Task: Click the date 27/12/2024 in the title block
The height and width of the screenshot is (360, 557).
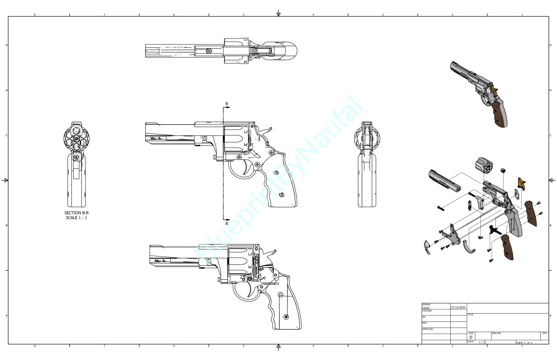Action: tap(458, 307)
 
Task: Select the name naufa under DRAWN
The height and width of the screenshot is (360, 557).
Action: tap(425, 308)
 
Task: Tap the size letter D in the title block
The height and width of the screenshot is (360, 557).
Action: tap(471, 337)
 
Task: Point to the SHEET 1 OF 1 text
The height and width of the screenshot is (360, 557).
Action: tap(524, 343)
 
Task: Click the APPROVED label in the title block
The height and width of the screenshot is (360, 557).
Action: tap(427, 329)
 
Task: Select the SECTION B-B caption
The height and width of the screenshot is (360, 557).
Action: tap(76, 213)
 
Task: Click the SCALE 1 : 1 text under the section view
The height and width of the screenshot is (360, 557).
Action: tap(76, 218)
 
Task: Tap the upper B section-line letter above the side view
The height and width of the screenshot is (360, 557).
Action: tap(227, 103)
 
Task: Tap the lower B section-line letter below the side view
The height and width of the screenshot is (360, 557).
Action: tap(227, 224)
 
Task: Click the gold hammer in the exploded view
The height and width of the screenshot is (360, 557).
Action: tap(522, 184)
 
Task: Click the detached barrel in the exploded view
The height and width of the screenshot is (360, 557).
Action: tap(445, 180)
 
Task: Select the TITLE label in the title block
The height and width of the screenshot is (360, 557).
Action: tap(470, 315)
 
